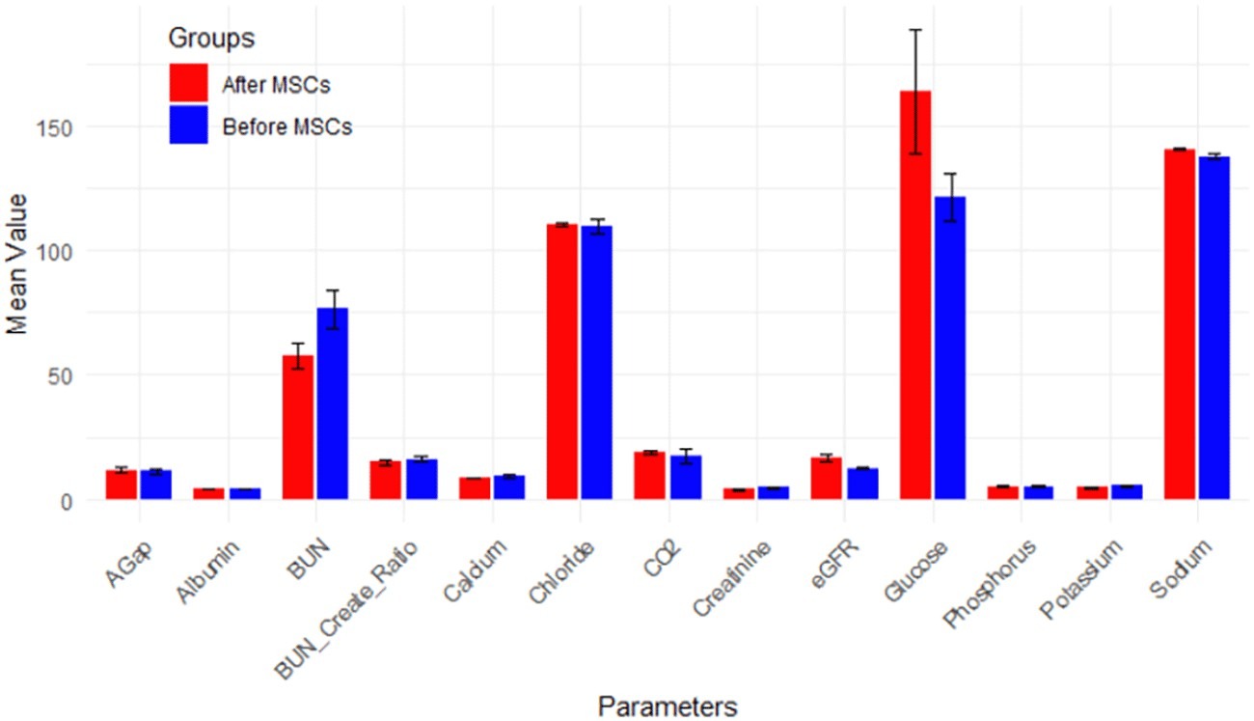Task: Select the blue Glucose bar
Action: click(950, 347)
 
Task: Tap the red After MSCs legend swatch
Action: click(188, 84)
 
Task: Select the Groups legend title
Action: click(210, 39)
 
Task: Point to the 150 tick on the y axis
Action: click(67, 127)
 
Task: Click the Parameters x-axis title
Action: click(668, 705)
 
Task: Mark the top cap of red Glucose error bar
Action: click(914, 30)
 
